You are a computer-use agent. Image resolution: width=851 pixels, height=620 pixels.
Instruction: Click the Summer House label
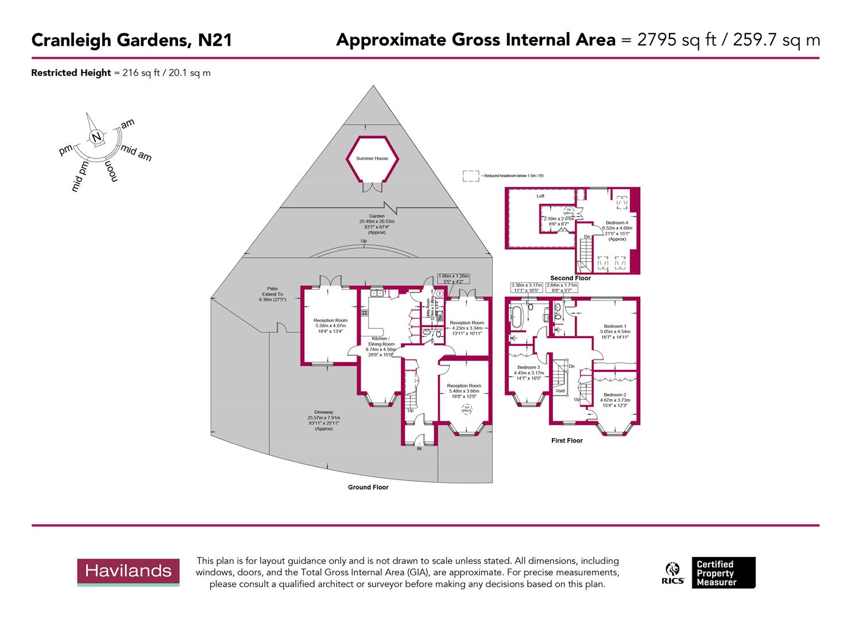372,158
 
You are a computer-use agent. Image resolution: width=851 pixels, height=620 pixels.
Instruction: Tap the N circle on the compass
96,137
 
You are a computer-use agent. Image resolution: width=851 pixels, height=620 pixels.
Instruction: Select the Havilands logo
128,571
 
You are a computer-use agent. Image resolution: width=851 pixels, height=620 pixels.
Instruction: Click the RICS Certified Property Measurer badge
710,573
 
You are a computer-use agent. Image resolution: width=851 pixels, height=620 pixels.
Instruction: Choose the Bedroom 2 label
614,395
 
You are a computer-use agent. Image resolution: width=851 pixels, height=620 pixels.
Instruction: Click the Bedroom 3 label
528,367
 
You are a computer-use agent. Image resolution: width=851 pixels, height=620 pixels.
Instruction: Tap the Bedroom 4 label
617,223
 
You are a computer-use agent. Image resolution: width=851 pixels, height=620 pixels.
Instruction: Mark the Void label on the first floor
560,391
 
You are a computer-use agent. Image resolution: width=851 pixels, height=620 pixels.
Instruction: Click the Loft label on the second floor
540,196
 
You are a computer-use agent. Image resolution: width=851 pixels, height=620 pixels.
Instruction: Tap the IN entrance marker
419,448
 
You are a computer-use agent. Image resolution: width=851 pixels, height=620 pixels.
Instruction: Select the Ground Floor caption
368,487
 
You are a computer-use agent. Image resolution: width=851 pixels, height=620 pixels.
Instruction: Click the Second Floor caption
570,278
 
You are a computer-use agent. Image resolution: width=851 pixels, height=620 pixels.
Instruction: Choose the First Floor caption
566,441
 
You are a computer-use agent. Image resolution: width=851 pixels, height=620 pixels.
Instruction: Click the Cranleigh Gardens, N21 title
131,40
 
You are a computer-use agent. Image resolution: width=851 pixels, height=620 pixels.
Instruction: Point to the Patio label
272,289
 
